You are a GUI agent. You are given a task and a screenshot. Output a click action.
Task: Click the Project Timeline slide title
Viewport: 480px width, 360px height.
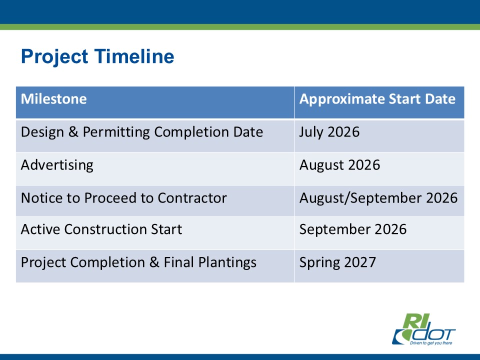click(x=97, y=57)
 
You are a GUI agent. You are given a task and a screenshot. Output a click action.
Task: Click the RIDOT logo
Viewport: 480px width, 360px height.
click(x=423, y=329)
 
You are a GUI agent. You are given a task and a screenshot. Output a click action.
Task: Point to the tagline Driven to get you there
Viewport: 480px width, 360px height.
click(x=431, y=343)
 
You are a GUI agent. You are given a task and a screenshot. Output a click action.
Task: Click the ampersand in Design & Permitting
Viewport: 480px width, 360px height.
click(x=73, y=132)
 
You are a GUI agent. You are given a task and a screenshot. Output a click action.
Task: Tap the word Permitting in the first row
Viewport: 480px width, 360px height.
click(x=116, y=132)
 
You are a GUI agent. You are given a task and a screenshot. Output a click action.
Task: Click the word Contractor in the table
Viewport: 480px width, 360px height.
click(x=192, y=198)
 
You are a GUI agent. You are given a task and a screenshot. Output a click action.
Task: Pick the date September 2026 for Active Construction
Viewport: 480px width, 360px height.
click(x=353, y=229)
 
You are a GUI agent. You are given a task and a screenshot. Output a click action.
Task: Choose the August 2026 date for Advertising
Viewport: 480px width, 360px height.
click(x=339, y=165)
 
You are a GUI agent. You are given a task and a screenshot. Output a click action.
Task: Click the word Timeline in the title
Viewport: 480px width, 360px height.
click(x=134, y=56)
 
